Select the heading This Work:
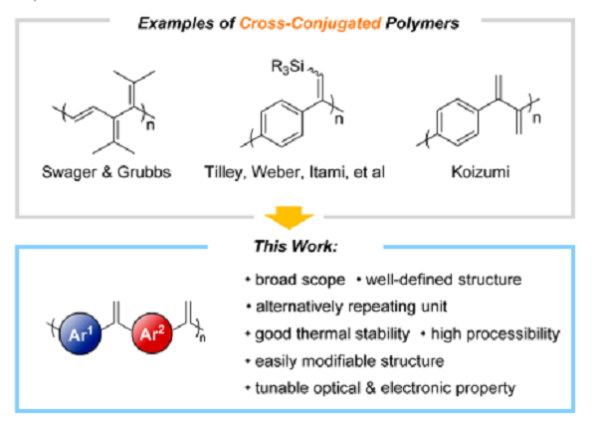coord(298,243)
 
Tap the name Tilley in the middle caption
coord(228,172)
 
